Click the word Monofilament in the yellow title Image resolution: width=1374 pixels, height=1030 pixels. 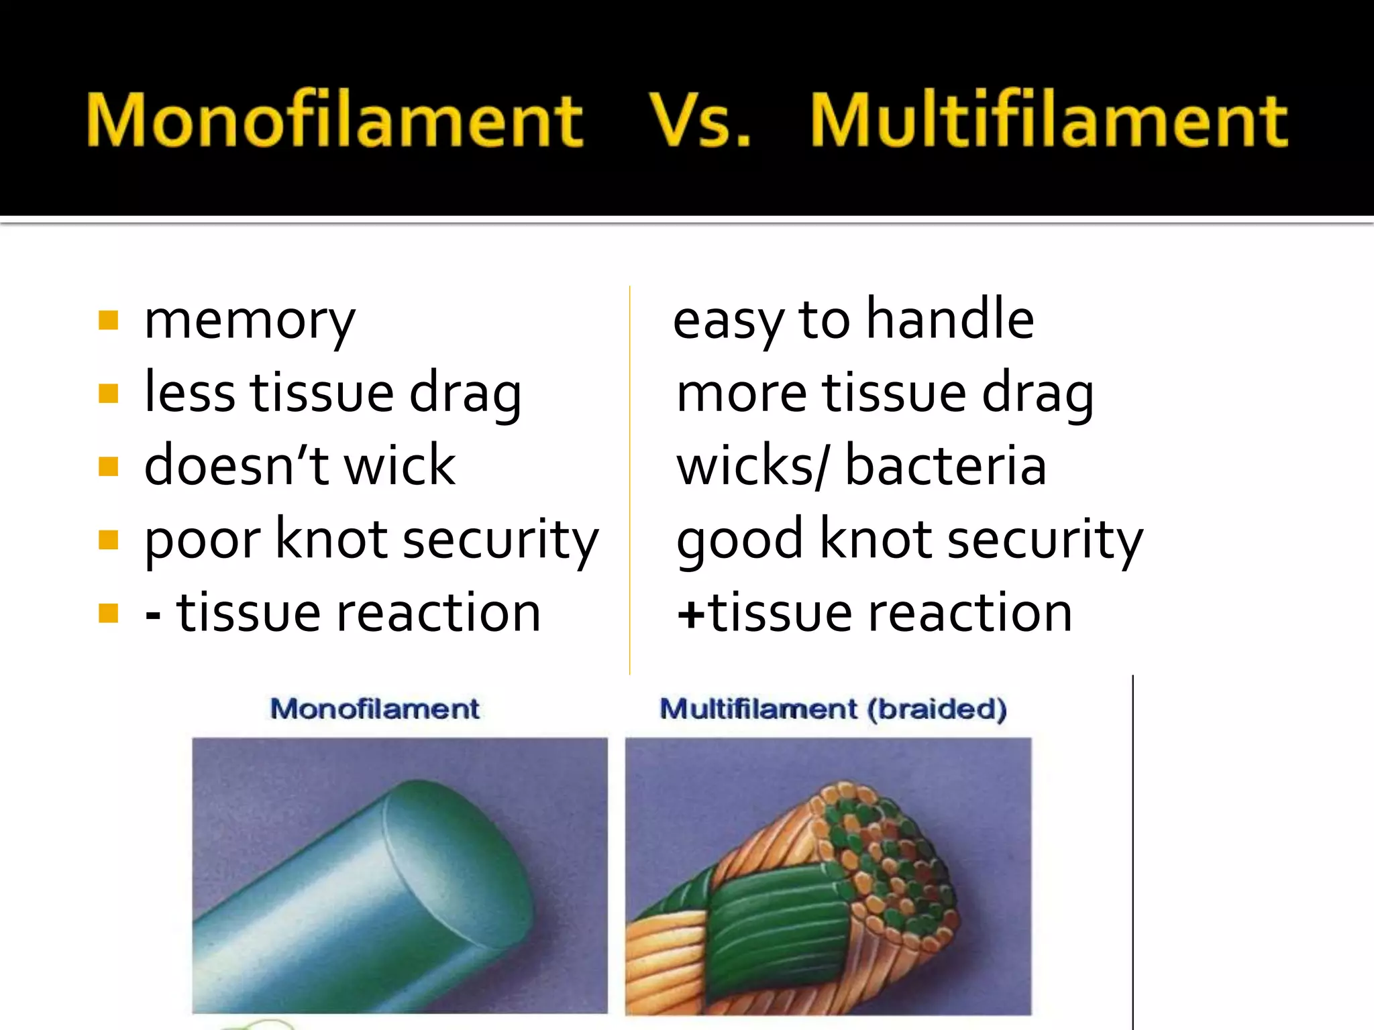[x=334, y=121]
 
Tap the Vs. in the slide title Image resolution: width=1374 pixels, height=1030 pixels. [x=699, y=121]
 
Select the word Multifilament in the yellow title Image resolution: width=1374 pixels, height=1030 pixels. [x=1049, y=121]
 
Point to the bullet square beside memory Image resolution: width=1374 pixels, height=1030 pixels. [x=108, y=321]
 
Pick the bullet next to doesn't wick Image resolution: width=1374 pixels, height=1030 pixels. [x=108, y=466]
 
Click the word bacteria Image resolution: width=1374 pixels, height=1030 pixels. [x=945, y=466]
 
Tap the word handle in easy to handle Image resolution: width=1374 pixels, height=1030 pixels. [x=950, y=320]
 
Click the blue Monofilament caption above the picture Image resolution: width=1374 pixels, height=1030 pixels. [x=374, y=709]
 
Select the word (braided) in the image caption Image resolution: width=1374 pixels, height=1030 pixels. [x=937, y=709]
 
